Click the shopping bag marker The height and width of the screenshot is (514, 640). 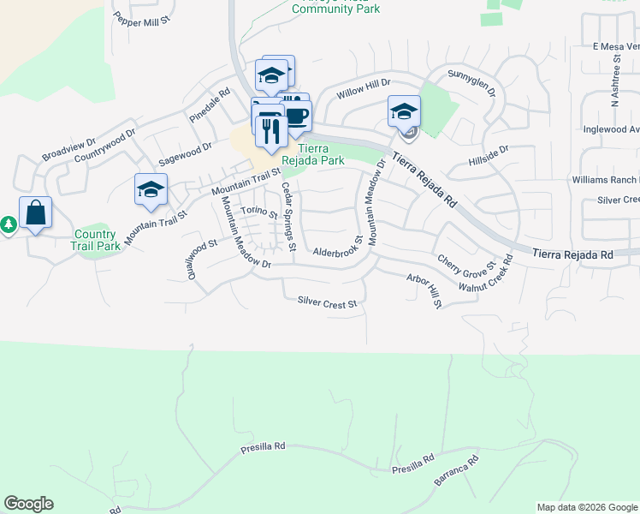click(x=35, y=212)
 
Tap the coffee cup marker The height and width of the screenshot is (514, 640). click(x=296, y=116)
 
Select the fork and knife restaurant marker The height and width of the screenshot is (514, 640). click(x=270, y=130)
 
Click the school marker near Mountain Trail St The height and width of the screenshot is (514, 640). click(x=151, y=189)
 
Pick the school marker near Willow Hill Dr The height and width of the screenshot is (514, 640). click(x=404, y=111)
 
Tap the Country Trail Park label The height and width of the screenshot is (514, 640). click(x=95, y=240)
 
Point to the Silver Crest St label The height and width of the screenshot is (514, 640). click(x=326, y=302)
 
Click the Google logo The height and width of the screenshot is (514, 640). click(x=28, y=505)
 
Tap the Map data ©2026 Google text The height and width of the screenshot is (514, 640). click(x=586, y=507)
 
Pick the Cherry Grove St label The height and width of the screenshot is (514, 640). click(x=466, y=264)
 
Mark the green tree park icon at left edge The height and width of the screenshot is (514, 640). click(x=8, y=224)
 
